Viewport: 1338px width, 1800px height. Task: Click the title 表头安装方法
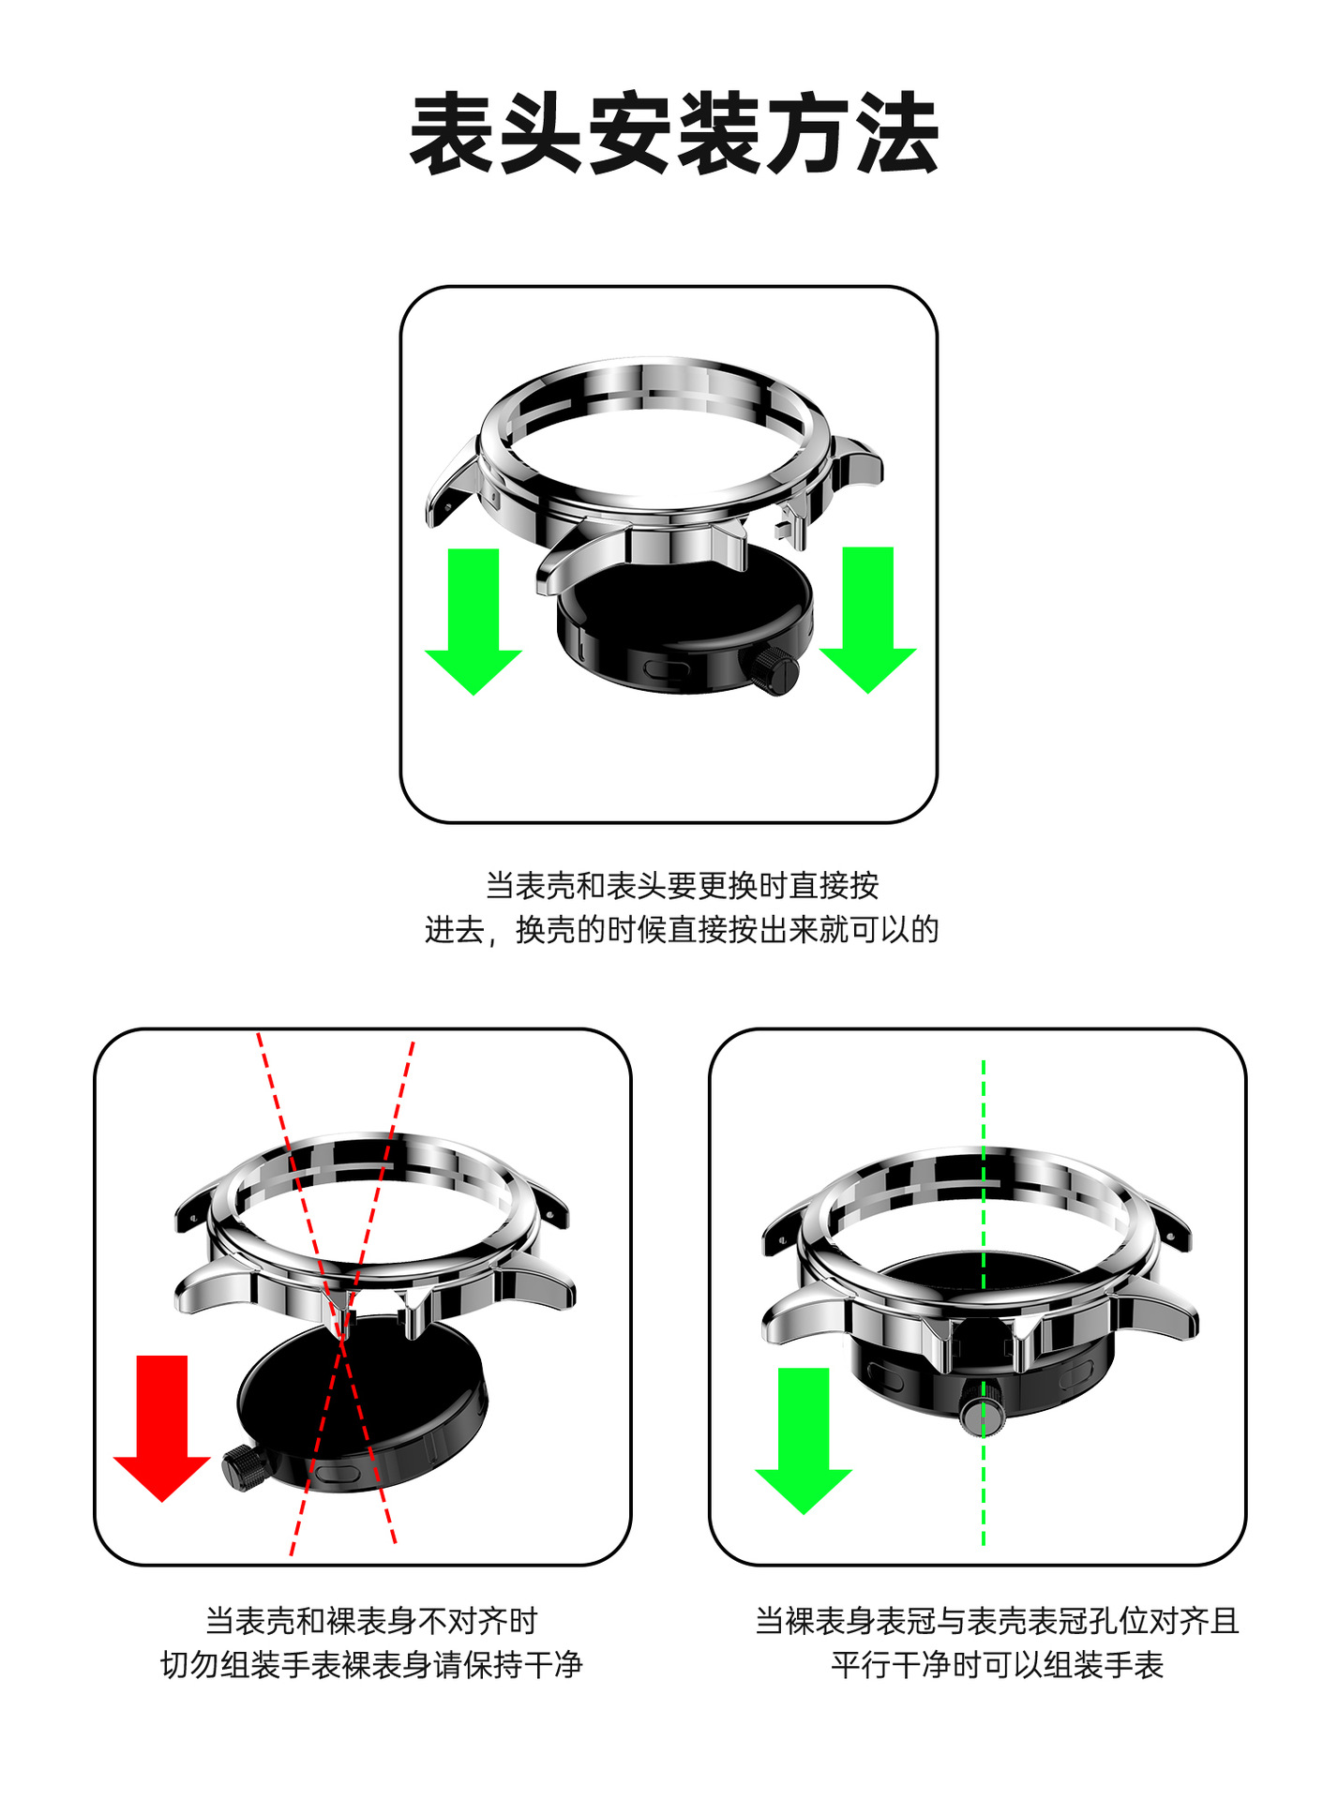[674, 133]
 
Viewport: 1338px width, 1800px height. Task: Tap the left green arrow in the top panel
[474, 621]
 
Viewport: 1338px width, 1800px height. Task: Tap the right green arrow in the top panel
[867, 620]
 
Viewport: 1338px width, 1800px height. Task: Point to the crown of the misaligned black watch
[243, 1467]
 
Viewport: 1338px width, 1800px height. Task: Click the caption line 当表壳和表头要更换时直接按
[682, 885]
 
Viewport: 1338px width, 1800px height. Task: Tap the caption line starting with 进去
[682, 930]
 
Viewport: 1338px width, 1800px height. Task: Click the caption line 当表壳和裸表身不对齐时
[371, 1620]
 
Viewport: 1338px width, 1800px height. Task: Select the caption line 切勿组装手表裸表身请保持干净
[371, 1665]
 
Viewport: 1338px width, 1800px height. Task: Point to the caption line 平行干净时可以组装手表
[997, 1665]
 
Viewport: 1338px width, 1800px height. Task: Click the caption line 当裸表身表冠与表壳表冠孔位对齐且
[997, 1620]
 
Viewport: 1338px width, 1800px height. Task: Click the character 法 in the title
[896, 133]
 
